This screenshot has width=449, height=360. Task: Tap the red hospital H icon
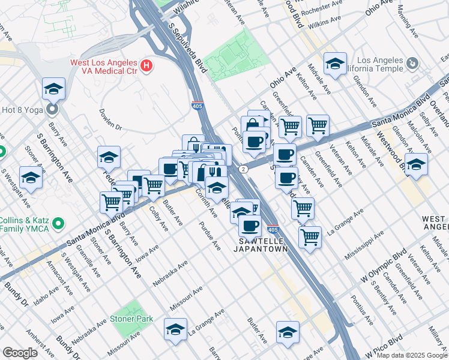(x=146, y=65)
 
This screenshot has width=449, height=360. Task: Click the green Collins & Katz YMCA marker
(x=58, y=224)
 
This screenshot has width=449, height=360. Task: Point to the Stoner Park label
(x=131, y=319)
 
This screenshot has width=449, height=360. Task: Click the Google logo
(x=20, y=352)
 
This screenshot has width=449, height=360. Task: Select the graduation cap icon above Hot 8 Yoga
(x=53, y=89)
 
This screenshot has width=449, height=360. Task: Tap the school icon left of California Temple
(x=334, y=63)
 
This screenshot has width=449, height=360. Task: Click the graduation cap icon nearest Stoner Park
(x=175, y=329)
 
